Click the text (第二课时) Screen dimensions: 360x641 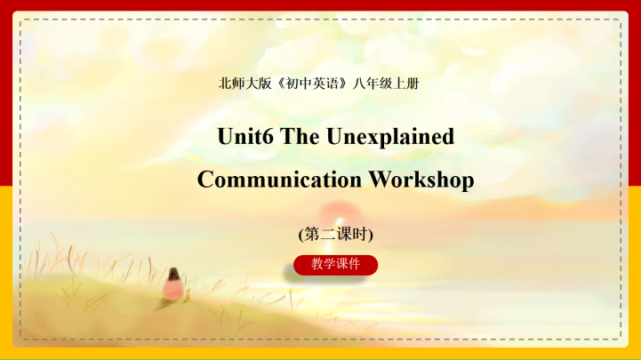(x=335, y=234)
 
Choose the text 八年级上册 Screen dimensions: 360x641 (x=386, y=84)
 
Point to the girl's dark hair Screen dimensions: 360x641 (x=174, y=274)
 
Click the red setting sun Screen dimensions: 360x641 (x=336, y=213)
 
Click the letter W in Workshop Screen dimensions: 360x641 (x=380, y=180)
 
